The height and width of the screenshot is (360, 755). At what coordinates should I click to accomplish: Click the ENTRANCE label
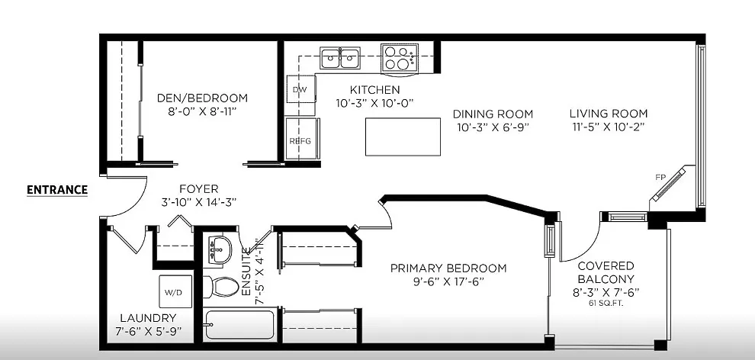tap(57, 190)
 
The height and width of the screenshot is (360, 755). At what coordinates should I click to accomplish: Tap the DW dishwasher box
tap(300, 89)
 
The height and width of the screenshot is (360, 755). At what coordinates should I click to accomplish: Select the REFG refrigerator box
tap(299, 140)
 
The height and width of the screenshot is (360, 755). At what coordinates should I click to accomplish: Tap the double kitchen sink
tap(340, 56)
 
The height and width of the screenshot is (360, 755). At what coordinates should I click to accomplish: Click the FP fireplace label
tap(660, 177)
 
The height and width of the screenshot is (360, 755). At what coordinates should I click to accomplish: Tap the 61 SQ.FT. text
tap(606, 304)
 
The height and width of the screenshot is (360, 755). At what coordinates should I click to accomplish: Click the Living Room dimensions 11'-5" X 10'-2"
tap(608, 127)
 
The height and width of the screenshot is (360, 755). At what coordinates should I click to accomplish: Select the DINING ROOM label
tap(492, 114)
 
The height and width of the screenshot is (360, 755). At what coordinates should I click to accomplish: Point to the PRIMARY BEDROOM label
tap(448, 268)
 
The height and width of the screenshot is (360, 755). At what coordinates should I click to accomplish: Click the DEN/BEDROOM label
tap(202, 98)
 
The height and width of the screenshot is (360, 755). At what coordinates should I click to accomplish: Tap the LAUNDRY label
tap(148, 317)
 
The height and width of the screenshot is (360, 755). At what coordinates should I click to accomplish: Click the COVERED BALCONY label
tap(606, 272)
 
